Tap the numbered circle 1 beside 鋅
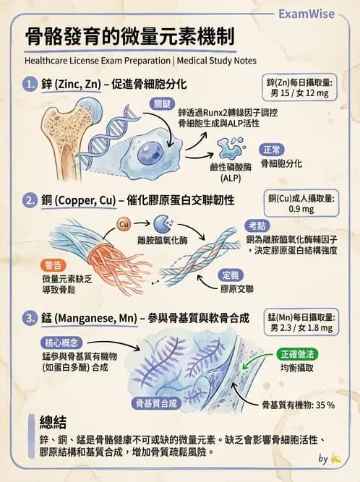pyautogui.click(x=30, y=85)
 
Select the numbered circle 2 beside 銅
pyautogui.click(x=30, y=199)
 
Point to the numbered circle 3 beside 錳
pyautogui.click(x=30, y=317)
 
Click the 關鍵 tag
pyautogui.click(x=161, y=104)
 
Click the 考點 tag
pyautogui.click(x=258, y=224)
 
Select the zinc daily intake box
pyautogui.click(x=299, y=88)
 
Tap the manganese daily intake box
pyautogui.click(x=299, y=323)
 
